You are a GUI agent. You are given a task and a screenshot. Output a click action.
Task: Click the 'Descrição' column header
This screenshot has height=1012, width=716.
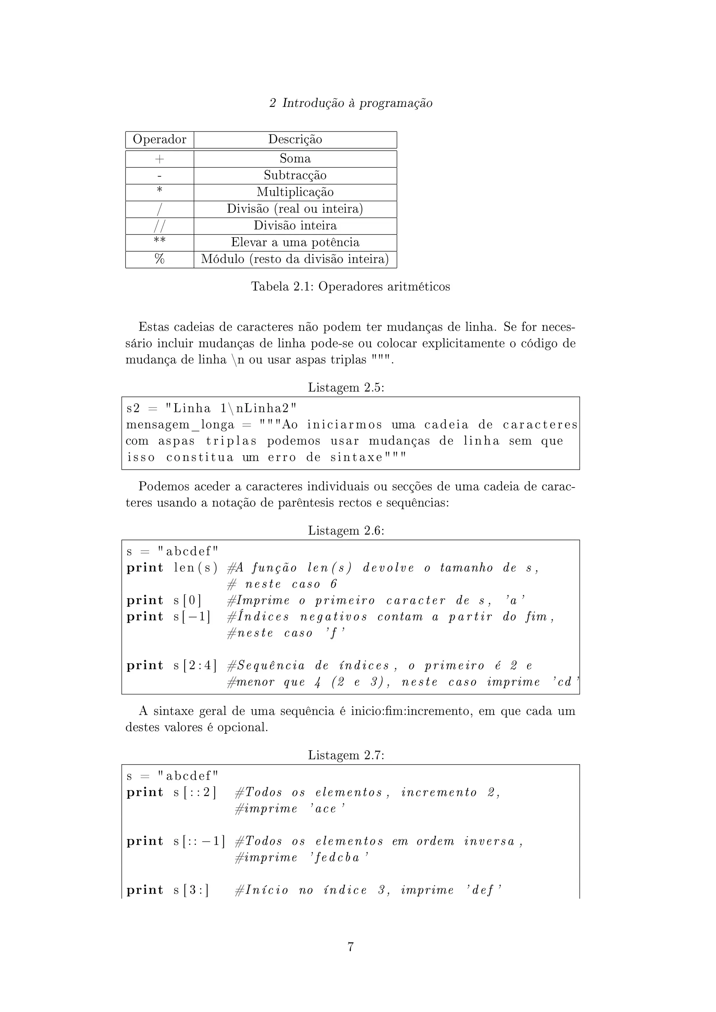pos(295,140)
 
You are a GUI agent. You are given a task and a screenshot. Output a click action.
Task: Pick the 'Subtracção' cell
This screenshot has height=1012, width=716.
pos(295,175)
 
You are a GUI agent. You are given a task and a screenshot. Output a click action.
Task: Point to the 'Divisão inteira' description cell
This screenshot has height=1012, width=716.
pos(295,226)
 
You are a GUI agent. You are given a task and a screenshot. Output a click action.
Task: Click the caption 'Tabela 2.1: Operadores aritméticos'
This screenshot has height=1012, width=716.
pos(351,287)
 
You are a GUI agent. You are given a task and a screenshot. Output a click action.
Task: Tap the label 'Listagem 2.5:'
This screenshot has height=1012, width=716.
pos(346,388)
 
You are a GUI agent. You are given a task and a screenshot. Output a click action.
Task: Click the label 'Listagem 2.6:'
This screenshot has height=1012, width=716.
pos(346,531)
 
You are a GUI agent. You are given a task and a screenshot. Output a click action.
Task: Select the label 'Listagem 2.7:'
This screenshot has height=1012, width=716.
pos(346,756)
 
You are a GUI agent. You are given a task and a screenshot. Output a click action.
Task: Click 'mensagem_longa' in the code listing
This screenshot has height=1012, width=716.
pos(180,425)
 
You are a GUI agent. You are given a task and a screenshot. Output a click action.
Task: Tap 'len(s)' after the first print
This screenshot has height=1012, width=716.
pos(196,568)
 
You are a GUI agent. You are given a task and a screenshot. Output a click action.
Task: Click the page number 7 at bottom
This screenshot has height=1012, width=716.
pos(351,946)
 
